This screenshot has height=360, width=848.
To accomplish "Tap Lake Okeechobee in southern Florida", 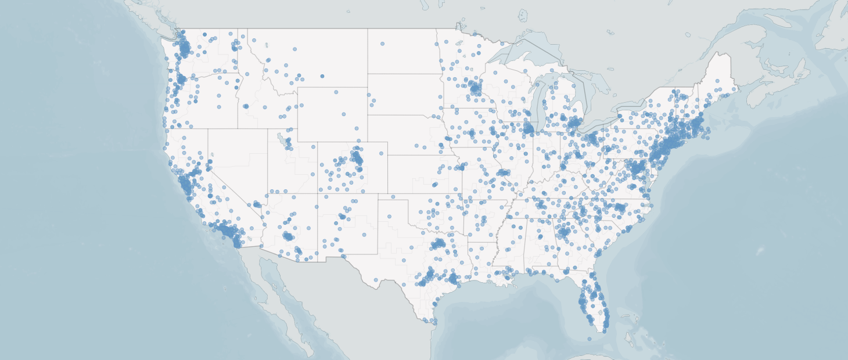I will click(600, 313).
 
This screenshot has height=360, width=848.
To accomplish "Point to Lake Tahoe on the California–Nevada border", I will click(212, 155).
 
